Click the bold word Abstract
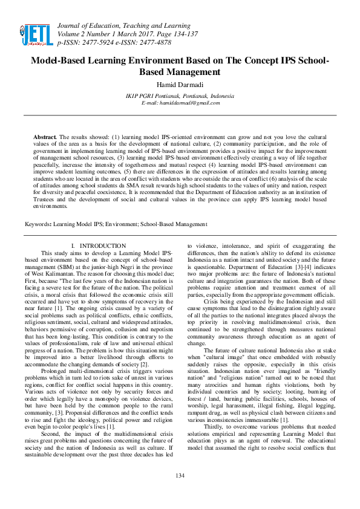pos(45,138)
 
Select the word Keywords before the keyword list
pos(38,224)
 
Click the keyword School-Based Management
pos(174,224)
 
